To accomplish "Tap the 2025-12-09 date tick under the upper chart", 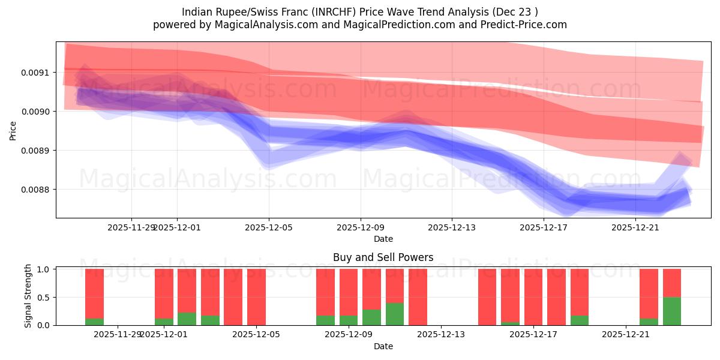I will pyautogui.click(x=361, y=228).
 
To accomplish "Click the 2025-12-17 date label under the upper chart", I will pyautogui.click(x=544, y=228).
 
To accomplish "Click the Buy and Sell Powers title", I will pyautogui.click(x=383, y=257).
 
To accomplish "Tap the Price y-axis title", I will pyautogui.click(x=13, y=130).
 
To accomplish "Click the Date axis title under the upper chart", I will pyautogui.click(x=383, y=239).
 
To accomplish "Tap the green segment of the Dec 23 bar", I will pyautogui.click(x=672, y=311).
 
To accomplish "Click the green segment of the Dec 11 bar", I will pyautogui.click(x=395, y=314).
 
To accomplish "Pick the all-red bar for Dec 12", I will pyautogui.click(x=418, y=297).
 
